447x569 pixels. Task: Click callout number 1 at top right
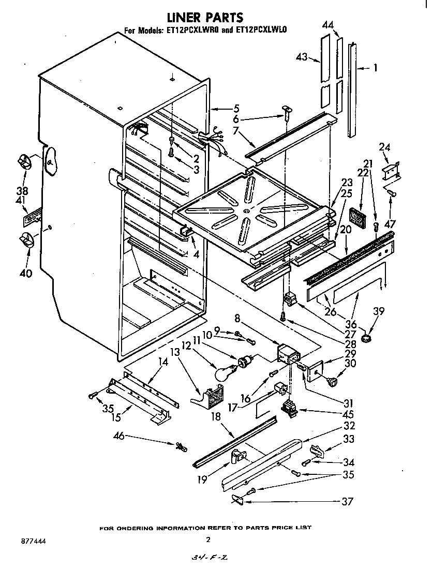click(375, 67)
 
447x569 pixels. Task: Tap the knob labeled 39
click(367, 339)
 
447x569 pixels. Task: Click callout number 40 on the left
click(25, 273)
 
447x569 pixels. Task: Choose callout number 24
click(384, 147)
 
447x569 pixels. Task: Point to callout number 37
click(349, 501)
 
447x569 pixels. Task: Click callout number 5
click(236, 109)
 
